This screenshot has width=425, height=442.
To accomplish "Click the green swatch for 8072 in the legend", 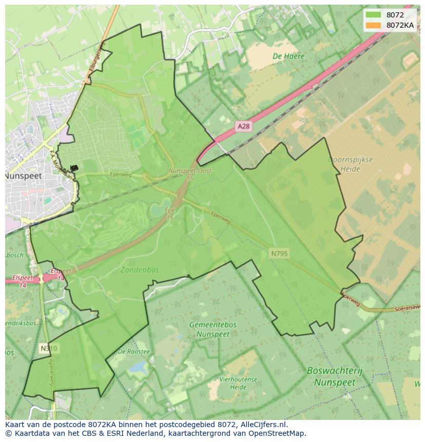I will pos(374,15).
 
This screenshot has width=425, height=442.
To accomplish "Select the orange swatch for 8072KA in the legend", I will pos(374,25).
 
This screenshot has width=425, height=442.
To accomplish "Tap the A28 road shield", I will pos(244,126).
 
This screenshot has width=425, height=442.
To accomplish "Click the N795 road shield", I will pos(280,253).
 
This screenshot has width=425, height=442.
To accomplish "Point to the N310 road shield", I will pos(49,349).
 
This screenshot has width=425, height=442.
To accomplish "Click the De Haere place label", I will pos(288,56).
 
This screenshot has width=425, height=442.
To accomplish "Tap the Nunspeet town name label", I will pos(23,176).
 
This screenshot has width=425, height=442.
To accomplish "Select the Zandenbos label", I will pos(140,270).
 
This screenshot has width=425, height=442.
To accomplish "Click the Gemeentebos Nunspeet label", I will pos(212,329).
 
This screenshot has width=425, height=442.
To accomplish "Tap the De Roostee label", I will pos(133,352).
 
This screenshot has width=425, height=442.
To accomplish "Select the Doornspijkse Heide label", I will pos(351,164).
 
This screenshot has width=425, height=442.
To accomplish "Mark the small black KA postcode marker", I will pos(74,168).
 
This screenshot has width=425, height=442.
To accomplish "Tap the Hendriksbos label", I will pos(21,323).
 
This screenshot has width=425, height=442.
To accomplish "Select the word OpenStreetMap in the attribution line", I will pos(277,433).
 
